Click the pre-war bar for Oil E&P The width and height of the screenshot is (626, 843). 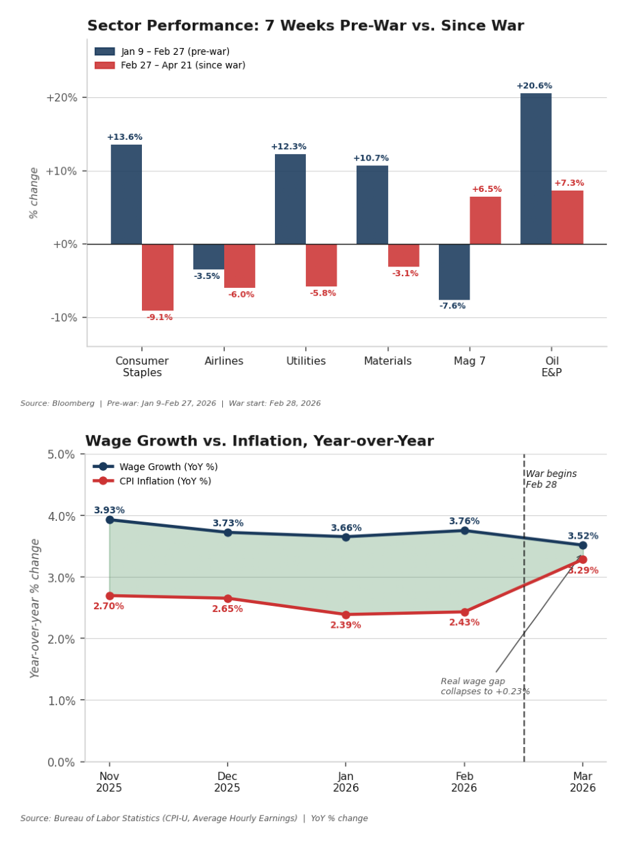535,169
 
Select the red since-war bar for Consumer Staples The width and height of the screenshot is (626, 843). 158,277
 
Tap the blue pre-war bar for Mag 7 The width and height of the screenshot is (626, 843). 454,271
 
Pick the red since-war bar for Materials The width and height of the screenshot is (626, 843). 403,255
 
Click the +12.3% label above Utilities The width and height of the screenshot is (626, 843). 289,147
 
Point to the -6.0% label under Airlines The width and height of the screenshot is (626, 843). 241,295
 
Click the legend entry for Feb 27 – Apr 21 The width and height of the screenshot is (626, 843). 182,66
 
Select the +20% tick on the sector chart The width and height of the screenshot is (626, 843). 61,97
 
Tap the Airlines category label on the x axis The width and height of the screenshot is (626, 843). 224,361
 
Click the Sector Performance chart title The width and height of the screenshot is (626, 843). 305,26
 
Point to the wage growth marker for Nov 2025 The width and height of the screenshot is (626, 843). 110,520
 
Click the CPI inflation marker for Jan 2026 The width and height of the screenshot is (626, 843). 346,615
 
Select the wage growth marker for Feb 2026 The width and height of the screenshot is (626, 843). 464,530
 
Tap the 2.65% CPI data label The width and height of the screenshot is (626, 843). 227,609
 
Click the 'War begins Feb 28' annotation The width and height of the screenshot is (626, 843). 551,479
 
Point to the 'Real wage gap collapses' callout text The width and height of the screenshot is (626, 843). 485,686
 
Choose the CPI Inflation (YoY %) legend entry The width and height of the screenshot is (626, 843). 165,481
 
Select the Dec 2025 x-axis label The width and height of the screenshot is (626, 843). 227,782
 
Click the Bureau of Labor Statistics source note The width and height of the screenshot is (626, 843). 194,818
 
